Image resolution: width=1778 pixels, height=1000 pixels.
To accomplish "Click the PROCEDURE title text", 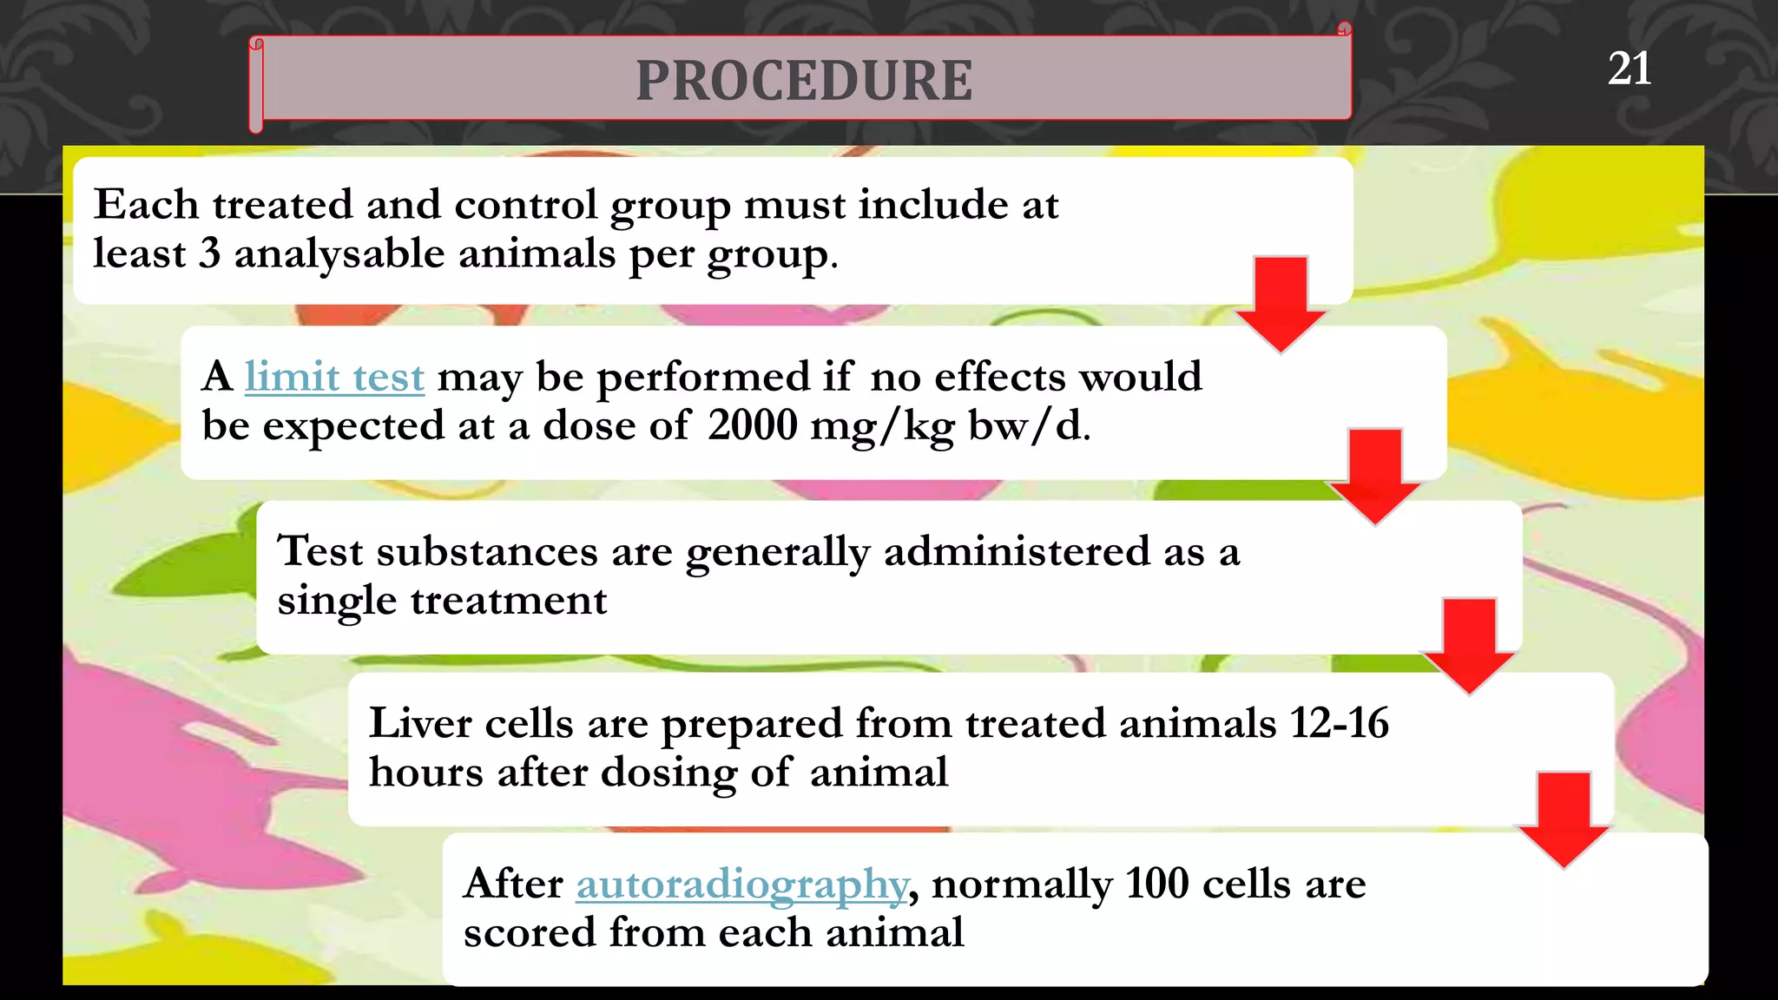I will [804, 81].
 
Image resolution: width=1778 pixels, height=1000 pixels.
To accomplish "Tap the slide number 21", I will [1629, 69].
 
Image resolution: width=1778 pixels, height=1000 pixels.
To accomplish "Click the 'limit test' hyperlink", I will [334, 378].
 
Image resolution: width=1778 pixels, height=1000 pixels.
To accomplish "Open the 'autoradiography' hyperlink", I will [742, 885].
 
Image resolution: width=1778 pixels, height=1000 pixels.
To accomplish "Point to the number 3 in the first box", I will [209, 253].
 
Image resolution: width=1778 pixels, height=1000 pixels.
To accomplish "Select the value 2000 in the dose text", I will [752, 425].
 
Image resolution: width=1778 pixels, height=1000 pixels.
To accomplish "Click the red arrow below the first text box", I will [1281, 303].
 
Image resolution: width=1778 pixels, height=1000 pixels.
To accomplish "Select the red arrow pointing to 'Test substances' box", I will [1375, 475].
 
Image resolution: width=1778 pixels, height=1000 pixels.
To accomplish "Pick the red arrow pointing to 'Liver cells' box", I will [1469, 645].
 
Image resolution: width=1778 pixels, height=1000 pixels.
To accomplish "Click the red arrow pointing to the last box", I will [1564, 819].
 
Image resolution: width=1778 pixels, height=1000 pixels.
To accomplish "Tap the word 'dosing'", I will [668, 773].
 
